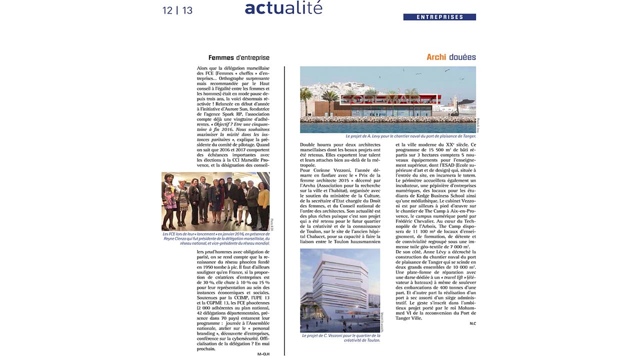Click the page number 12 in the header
(167, 10)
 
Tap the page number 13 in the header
(187, 10)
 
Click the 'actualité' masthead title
(283, 8)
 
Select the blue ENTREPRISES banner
(439, 17)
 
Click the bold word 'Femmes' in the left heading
(221, 57)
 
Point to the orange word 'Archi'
(436, 57)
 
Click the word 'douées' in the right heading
(462, 57)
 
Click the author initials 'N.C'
(472, 323)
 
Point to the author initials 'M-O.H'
(263, 353)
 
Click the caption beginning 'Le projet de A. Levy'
(410, 136)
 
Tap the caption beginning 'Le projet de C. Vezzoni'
(340, 338)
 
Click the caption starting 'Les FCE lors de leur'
(215, 238)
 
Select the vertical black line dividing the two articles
(284, 210)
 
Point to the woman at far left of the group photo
(167, 200)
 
